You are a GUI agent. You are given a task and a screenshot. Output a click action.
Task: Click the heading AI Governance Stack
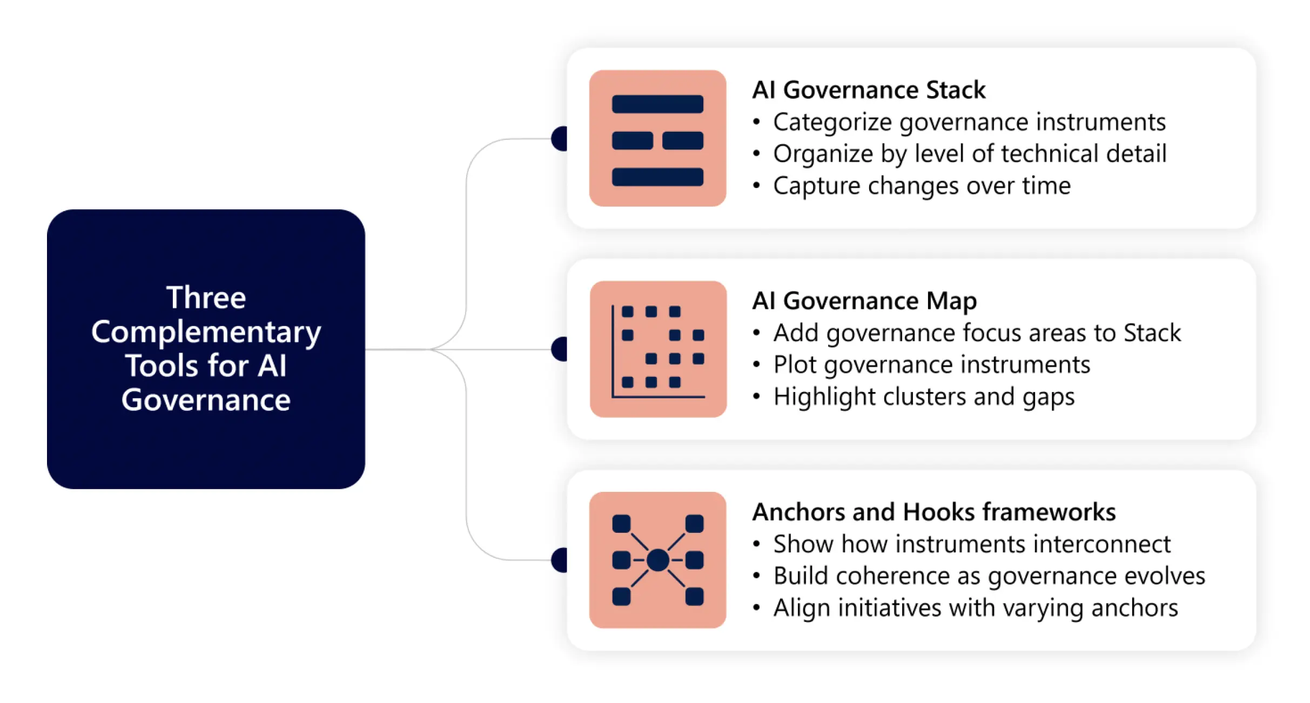(869, 90)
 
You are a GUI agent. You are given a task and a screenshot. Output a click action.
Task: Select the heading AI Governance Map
(864, 301)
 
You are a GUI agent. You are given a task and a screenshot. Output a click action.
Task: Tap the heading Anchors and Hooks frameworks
(933, 512)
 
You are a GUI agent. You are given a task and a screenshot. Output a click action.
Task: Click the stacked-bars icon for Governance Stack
(657, 138)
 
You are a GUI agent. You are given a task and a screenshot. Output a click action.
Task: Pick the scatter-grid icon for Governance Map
(658, 349)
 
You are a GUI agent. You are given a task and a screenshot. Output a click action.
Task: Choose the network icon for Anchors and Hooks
(657, 560)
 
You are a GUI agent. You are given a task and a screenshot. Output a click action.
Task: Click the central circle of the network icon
(657, 560)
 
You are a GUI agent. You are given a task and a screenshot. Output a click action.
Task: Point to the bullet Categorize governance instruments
(969, 122)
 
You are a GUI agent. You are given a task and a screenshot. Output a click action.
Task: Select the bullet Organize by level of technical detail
(970, 154)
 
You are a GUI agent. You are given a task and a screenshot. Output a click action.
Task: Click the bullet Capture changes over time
(922, 186)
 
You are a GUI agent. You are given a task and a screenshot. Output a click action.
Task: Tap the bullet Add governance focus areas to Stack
(977, 333)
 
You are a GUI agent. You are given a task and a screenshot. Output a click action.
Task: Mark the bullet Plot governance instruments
(931, 365)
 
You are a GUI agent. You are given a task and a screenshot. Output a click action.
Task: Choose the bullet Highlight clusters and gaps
(924, 397)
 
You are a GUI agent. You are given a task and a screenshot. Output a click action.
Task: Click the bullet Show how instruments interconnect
(971, 544)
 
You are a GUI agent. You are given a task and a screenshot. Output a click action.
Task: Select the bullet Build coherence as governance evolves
(989, 576)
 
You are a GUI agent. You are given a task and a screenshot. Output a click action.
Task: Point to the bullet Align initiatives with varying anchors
(975, 608)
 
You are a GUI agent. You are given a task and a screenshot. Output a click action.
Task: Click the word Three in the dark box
(206, 298)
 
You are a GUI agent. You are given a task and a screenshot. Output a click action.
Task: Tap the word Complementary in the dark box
(206, 332)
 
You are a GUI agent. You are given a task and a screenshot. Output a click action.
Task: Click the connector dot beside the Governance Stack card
(560, 139)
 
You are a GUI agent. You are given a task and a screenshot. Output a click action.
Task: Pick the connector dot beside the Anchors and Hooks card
(560, 560)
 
